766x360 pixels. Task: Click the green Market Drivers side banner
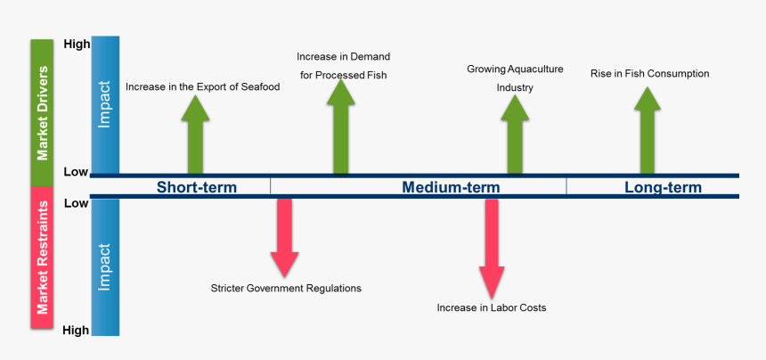(x=43, y=112)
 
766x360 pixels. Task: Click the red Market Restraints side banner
(x=43, y=261)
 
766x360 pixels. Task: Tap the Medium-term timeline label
(x=451, y=187)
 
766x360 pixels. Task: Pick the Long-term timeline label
(x=663, y=187)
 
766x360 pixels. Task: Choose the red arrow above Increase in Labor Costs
(x=492, y=245)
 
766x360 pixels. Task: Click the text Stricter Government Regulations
(x=286, y=288)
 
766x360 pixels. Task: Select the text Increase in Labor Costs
(x=492, y=307)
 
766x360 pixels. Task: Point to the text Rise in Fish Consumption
(x=649, y=74)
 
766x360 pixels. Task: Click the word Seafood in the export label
(x=259, y=87)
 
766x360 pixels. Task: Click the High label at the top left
(x=77, y=45)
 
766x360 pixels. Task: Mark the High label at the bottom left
(x=77, y=330)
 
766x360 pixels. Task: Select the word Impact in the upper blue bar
(x=105, y=106)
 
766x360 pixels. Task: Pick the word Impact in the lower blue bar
(x=105, y=266)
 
